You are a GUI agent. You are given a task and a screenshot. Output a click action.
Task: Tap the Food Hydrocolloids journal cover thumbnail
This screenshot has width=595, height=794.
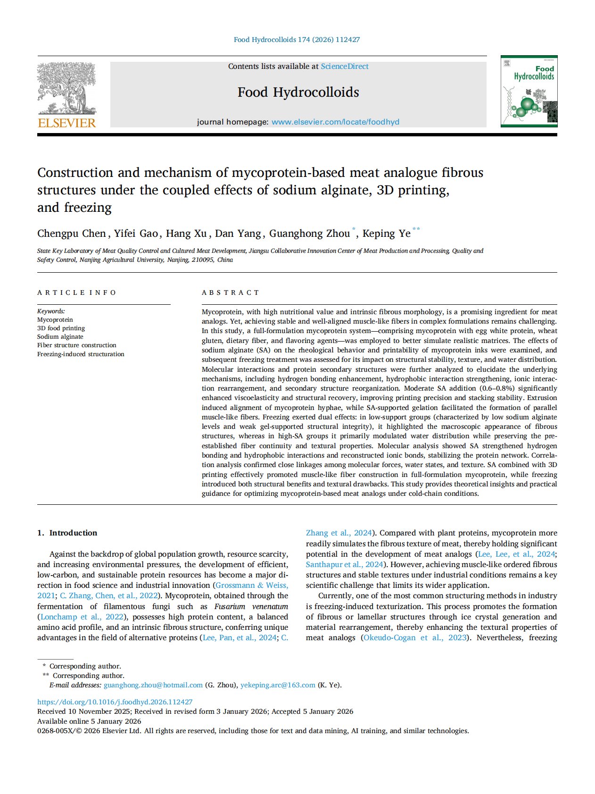tap(529, 91)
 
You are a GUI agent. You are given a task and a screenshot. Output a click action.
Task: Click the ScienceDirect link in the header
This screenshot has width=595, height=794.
tap(345, 67)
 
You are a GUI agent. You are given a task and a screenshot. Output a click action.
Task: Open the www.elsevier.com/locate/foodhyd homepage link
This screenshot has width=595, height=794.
tap(335, 122)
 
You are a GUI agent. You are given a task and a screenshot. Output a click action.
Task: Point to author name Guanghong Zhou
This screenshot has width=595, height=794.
tap(309, 234)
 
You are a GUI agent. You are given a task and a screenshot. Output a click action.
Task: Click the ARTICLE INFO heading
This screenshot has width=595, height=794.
tap(76, 293)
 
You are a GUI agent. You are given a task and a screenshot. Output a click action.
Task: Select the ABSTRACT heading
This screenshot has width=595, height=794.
tap(231, 293)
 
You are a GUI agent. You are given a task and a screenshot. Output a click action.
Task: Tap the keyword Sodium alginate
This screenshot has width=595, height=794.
tap(60, 337)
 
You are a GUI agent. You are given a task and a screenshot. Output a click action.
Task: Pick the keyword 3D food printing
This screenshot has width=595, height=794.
tap(61, 328)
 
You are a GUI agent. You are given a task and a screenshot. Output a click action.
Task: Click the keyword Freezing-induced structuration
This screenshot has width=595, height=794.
tap(81, 354)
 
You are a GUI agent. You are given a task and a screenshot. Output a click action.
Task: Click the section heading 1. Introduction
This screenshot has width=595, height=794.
tap(67, 533)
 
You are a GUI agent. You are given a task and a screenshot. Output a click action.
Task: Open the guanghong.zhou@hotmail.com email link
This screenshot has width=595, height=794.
tap(153, 685)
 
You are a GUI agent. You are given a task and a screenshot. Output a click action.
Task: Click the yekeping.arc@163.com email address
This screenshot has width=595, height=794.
tap(278, 685)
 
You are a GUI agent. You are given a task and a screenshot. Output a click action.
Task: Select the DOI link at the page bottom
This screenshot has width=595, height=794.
tap(115, 702)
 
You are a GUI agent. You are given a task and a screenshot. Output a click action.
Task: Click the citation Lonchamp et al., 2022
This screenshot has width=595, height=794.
tap(82, 617)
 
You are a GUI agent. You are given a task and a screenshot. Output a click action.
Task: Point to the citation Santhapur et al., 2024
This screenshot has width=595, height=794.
tap(345, 565)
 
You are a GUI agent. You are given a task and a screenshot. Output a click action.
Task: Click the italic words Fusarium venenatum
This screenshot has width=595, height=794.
tap(251, 607)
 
